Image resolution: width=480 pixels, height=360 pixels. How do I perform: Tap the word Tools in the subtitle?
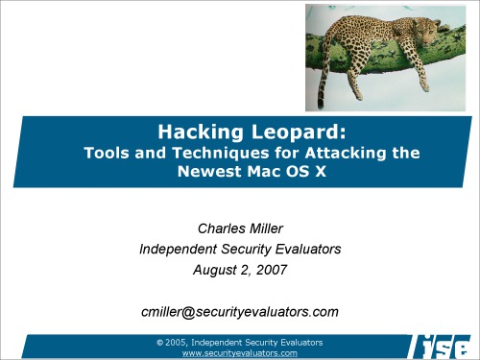(108, 152)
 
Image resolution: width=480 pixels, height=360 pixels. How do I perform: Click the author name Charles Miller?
(239, 229)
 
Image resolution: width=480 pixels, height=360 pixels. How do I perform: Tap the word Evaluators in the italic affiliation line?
(305, 251)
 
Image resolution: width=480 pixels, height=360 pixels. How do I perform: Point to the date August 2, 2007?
(239, 271)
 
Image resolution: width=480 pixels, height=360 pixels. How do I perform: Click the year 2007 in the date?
(268, 271)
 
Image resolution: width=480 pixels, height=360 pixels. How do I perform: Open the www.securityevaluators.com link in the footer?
(239, 353)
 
